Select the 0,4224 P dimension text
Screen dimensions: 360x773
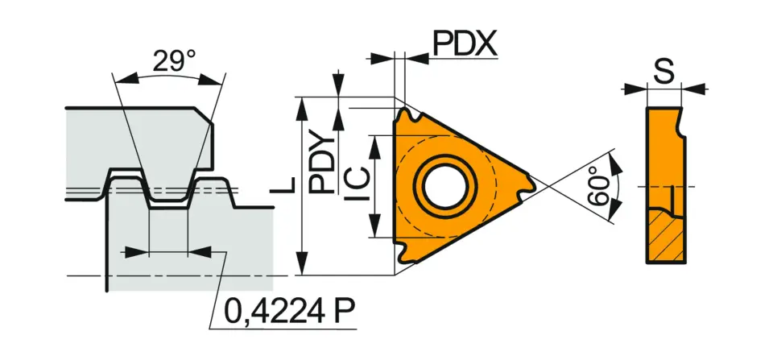pos(287,310)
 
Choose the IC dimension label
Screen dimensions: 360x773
pos(357,187)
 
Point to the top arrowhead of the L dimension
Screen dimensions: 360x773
pos(303,104)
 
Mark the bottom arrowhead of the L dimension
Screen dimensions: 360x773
pos(303,269)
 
